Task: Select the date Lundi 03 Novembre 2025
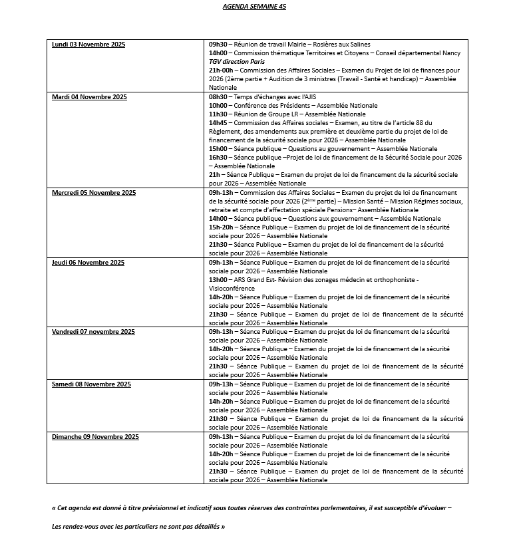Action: coord(88,45)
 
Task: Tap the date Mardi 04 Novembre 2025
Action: coord(89,97)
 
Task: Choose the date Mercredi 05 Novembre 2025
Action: coord(94,193)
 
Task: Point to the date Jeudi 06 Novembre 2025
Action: coord(88,263)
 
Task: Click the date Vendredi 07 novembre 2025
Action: coord(93,332)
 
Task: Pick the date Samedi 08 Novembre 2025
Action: coord(91,384)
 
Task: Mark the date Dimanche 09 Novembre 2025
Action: coord(95,437)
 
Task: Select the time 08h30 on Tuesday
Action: coord(218,97)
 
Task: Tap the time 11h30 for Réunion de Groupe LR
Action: coord(218,114)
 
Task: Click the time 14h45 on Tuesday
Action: coord(218,123)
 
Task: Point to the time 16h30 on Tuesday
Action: coord(218,158)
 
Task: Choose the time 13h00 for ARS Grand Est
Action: coord(218,280)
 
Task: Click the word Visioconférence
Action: coord(232,289)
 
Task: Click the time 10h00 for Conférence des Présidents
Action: coord(218,106)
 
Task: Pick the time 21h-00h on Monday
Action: coord(222,70)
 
